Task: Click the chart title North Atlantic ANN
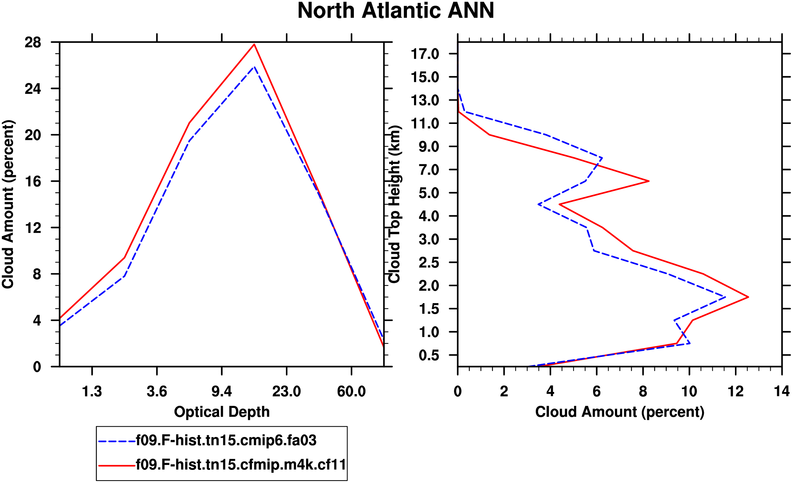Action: (x=396, y=11)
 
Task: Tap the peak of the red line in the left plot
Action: (x=254, y=44)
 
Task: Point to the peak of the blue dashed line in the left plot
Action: (x=254, y=67)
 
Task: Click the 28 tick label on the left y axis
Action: (x=33, y=43)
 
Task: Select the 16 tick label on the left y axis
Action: (x=33, y=182)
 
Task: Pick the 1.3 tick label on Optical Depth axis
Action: (x=92, y=391)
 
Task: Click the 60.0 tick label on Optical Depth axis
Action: (x=351, y=391)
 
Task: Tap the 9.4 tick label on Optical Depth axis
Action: (x=222, y=391)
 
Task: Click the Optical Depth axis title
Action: (x=222, y=412)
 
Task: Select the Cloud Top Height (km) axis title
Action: (x=395, y=204)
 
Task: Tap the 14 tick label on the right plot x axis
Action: (x=782, y=391)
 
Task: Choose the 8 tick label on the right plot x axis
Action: (x=643, y=391)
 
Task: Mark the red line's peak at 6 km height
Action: (x=649, y=181)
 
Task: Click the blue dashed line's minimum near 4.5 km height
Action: (x=538, y=204)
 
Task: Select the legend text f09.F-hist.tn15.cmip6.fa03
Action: (x=226, y=440)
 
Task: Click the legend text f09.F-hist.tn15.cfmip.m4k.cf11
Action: (x=241, y=464)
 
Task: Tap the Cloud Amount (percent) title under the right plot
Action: (x=620, y=412)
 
